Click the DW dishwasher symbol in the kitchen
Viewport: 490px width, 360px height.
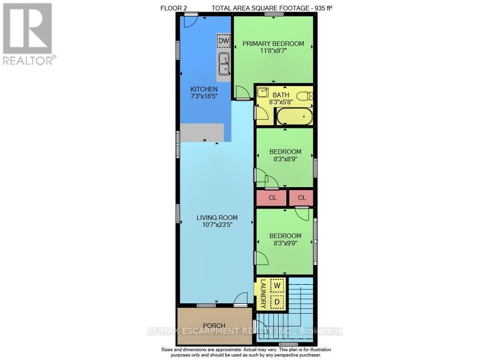223,41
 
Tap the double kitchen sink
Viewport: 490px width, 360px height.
223,63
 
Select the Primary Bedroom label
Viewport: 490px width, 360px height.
273,44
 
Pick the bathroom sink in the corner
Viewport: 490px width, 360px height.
263,92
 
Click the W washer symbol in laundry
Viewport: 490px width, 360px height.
277,285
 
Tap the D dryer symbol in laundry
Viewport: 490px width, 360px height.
277,302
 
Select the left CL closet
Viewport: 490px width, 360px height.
273,198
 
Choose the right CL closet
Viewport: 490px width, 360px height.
301,198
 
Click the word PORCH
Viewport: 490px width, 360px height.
214,326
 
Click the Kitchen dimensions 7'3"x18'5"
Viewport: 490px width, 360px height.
204,96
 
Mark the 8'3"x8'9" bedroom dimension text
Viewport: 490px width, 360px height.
285,159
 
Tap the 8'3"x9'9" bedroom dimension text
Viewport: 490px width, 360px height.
285,243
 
